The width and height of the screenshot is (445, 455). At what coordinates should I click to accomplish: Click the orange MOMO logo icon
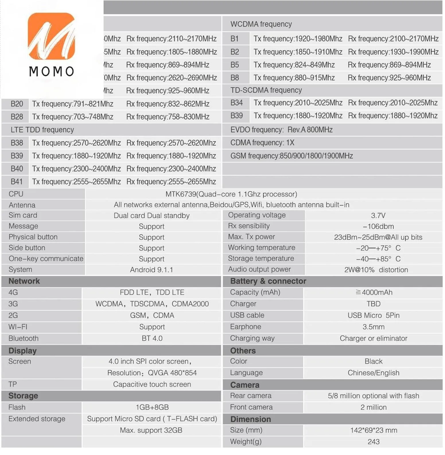51,36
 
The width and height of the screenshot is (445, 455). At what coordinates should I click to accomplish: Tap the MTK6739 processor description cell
231,194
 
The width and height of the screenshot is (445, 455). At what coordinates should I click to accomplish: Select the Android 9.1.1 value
151,270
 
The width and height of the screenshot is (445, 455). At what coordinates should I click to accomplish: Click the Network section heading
24,281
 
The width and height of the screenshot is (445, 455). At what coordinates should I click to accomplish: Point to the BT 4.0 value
152,338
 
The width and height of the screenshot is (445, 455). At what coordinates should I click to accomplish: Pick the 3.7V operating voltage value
378,216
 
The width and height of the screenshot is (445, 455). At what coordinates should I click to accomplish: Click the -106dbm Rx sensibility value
378,226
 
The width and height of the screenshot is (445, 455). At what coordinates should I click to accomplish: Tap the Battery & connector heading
268,281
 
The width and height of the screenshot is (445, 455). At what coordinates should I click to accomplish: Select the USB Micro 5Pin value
373,315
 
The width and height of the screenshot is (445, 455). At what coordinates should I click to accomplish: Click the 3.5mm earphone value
373,327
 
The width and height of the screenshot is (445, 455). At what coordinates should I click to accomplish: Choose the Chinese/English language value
373,373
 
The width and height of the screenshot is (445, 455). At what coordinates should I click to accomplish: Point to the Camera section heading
245,385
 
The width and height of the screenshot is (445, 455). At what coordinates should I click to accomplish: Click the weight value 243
373,442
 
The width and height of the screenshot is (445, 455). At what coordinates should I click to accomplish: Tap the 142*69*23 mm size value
373,430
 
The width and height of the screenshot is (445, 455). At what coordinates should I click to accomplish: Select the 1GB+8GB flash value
152,407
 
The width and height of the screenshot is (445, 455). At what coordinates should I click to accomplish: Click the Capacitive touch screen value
152,384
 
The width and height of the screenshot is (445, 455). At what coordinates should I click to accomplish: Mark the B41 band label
17,182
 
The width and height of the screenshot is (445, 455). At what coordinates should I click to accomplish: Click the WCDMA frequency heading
261,24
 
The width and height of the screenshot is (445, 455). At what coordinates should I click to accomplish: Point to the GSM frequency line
292,156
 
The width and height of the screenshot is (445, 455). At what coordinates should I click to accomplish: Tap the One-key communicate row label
46,259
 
